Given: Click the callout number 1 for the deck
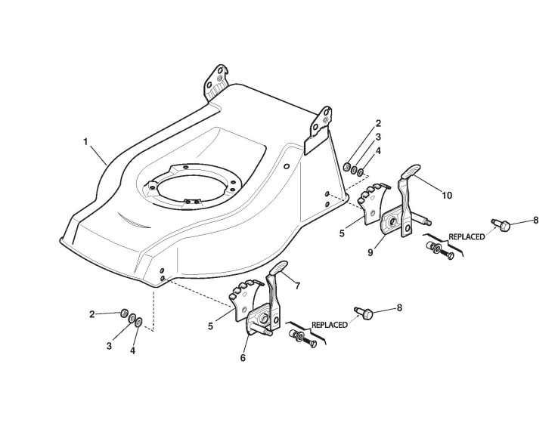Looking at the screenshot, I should click(x=85, y=141).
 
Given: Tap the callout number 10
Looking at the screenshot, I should click(x=447, y=195).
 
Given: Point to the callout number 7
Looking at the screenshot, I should click(x=297, y=286).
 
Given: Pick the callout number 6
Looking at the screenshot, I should click(x=242, y=357).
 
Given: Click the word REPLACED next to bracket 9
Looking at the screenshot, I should click(x=466, y=237).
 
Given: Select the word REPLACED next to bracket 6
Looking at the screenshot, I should click(x=330, y=325).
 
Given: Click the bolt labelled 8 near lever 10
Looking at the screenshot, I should click(x=503, y=224).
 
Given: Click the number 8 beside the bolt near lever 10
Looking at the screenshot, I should click(x=535, y=221).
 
